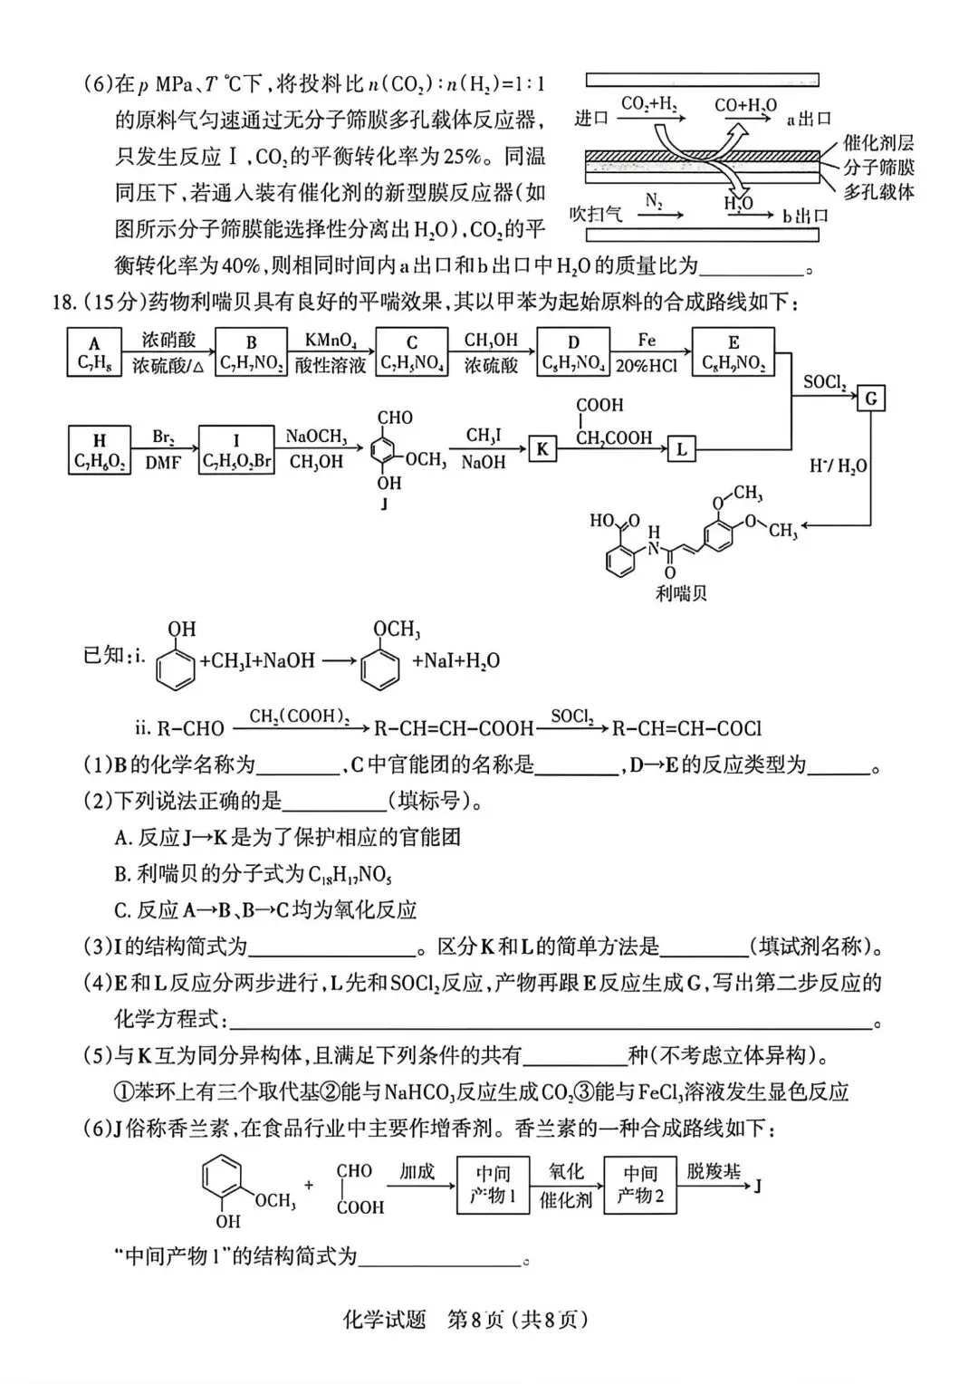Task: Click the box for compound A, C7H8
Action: (x=94, y=353)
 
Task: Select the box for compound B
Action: (x=251, y=353)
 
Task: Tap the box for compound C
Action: (x=411, y=353)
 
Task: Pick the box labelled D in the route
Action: (x=572, y=353)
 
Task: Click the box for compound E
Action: (x=733, y=353)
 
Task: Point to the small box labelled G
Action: (x=871, y=399)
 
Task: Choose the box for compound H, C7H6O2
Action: (x=99, y=450)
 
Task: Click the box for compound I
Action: (x=236, y=450)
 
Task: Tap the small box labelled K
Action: (x=542, y=448)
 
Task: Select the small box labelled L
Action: (x=681, y=448)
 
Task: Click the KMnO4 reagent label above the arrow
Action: (x=331, y=341)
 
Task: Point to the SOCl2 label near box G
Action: (x=824, y=382)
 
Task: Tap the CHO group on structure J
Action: (x=395, y=418)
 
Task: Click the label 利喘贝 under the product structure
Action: (x=681, y=594)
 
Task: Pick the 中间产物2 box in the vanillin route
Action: (x=640, y=1184)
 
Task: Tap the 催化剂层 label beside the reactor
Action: (x=878, y=142)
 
